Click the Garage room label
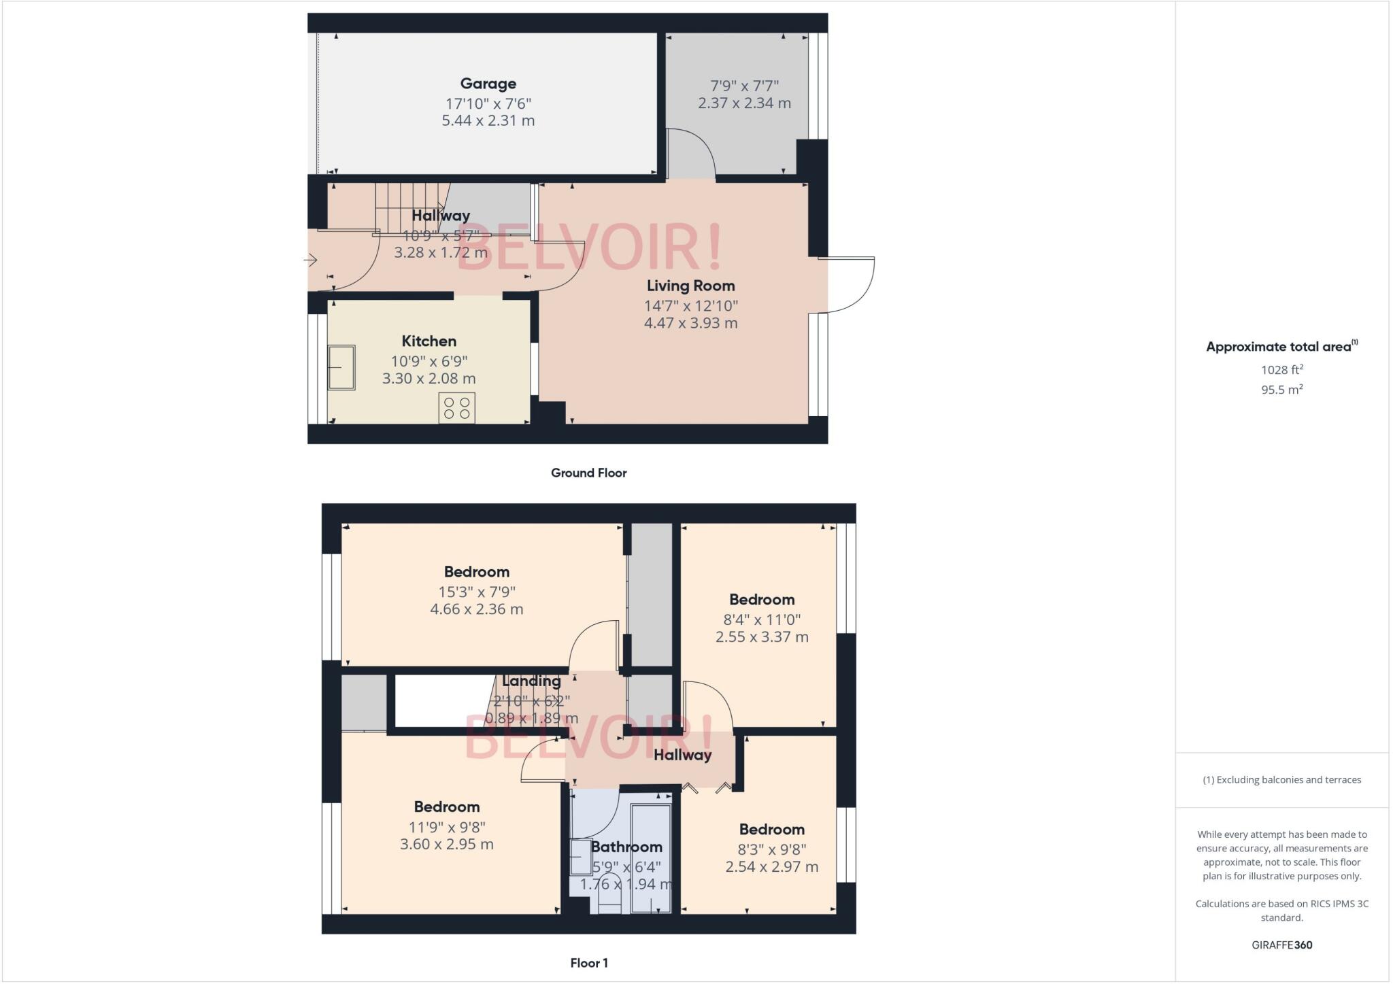coord(488,84)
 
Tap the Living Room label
coord(690,286)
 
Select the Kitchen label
coord(429,341)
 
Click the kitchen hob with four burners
coord(457,408)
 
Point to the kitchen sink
coord(341,367)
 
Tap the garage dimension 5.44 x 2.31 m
coord(488,121)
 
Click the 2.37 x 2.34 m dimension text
coord(744,103)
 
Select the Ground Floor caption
coord(588,473)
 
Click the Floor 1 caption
coord(589,963)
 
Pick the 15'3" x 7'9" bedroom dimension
coord(476,592)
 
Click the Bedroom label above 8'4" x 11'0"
coord(762,600)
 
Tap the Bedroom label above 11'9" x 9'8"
coord(447,807)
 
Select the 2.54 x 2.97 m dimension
coord(771,867)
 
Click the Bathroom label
coord(626,847)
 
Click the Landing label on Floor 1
coord(531,681)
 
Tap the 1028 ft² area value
coord(1282,370)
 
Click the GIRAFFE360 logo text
coord(1282,945)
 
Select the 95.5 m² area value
coord(1282,390)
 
